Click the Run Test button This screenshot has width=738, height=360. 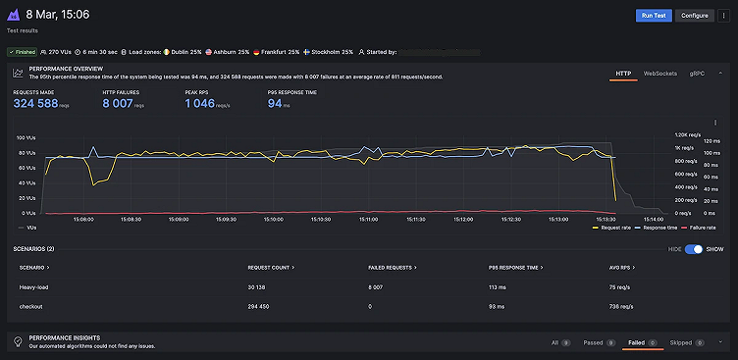click(x=652, y=16)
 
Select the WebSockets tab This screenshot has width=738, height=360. click(x=659, y=74)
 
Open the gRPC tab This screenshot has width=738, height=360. click(x=697, y=74)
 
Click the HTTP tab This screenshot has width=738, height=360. click(x=623, y=74)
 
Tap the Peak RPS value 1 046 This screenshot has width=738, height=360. click(x=199, y=103)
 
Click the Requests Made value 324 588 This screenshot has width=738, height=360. click(x=36, y=103)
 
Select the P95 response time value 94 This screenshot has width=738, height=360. click(x=275, y=103)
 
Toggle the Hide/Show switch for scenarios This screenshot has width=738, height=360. click(x=694, y=249)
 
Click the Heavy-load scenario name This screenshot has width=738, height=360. click(x=34, y=286)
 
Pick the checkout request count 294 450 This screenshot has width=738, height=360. click(x=262, y=306)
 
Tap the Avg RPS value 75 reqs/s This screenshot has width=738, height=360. click(x=621, y=286)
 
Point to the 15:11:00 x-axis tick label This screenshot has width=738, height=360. click(x=368, y=219)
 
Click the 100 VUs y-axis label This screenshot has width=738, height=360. click(x=27, y=138)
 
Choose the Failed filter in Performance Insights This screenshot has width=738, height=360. click(x=637, y=342)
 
